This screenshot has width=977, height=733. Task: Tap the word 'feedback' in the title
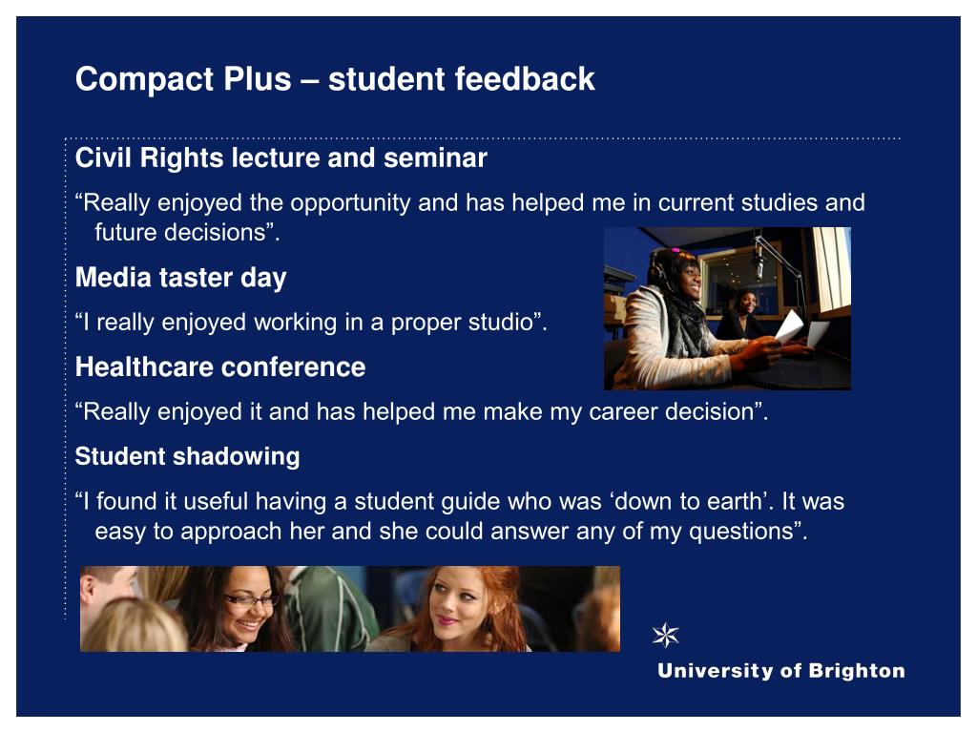tap(524, 78)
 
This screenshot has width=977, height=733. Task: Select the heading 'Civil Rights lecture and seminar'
tap(281, 158)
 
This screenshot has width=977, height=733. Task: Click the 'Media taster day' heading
tap(180, 278)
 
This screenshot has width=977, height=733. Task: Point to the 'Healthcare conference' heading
tap(220, 367)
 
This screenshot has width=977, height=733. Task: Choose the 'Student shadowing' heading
tap(188, 457)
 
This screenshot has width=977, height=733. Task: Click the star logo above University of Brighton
tap(665, 635)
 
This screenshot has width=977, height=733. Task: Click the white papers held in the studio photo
tap(801, 329)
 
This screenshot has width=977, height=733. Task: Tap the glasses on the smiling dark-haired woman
tap(251, 600)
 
